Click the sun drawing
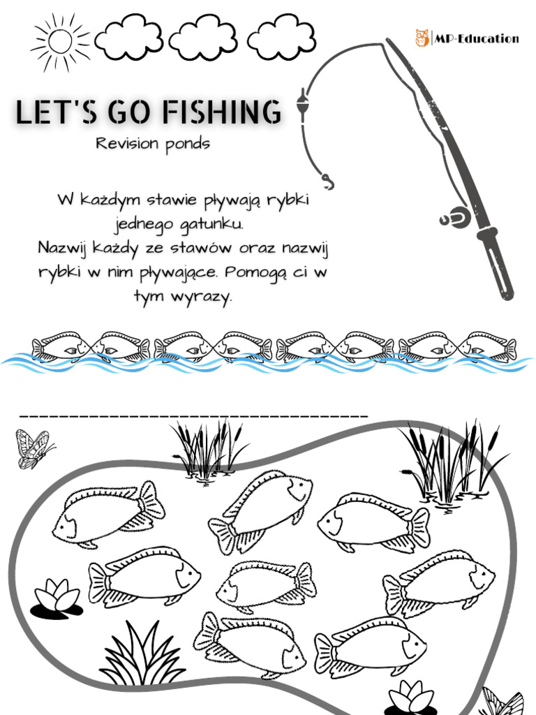point(60,40)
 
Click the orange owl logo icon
point(422,38)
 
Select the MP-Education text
point(477,38)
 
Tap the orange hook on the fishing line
point(327,182)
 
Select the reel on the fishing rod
point(454,217)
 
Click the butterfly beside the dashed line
point(33,448)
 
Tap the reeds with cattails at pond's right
point(454,461)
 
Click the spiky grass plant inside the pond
point(143,656)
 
